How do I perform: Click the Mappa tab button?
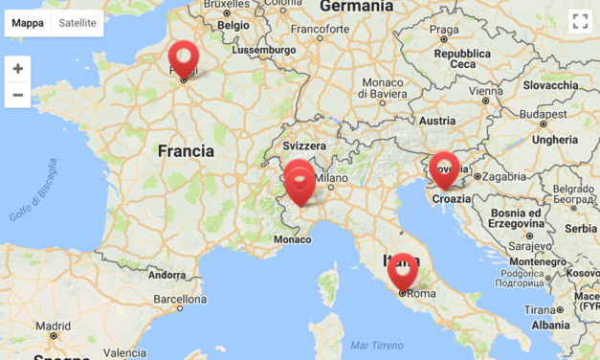[x=28, y=23]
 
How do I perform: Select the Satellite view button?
[x=78, y=23]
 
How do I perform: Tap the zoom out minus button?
[x=17, y=96]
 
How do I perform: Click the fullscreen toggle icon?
[x=579, y=22]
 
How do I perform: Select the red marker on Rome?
[x=403, y=270]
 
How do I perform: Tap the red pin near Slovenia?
[x=444, y=169]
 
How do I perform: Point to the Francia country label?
[x=186, y=151]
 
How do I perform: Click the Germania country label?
[x=356, y=7]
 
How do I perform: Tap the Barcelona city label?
[x=181, y=299]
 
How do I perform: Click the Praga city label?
[x=444, y=29]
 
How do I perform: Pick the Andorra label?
[x=167, y=275]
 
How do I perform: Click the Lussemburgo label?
[x=264, y=49]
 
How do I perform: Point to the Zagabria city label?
[x=503, y=176]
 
